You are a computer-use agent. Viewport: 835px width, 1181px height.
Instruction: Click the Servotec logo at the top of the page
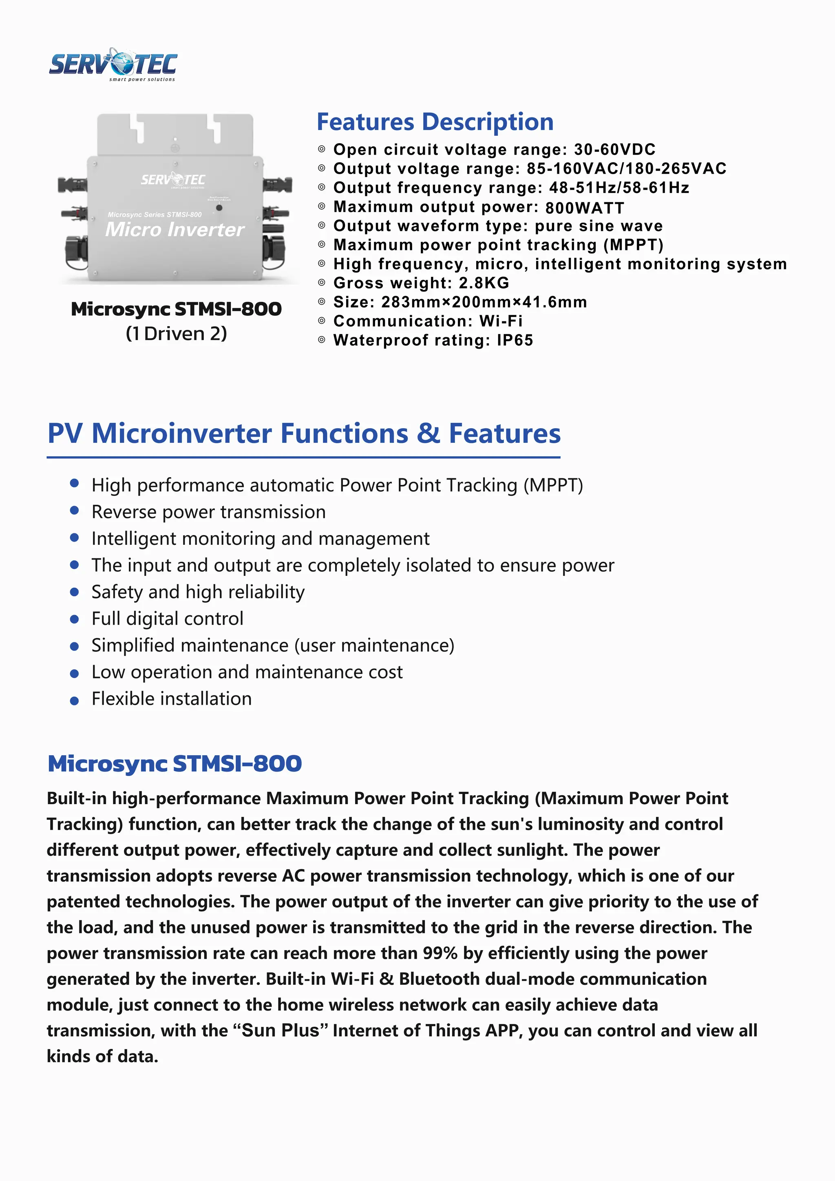[x=113, y=65]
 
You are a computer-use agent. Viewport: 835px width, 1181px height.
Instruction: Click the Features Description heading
[x=435, y=122]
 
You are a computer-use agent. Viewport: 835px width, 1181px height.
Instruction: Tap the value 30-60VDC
[x=614, y=150]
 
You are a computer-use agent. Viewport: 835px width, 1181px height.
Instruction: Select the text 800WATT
[x=585, y=208]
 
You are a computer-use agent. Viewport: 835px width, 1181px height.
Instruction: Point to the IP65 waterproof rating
[x=515, y=341]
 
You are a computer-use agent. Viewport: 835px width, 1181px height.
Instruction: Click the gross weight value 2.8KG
[x=484, y=283]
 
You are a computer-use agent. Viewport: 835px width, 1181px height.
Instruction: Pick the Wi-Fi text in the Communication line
[x=501, y=321]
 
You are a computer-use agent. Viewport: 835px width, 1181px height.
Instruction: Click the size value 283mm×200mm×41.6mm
[x=484, y=302]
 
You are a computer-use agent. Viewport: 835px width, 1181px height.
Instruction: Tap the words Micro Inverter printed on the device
[x=175, y=230]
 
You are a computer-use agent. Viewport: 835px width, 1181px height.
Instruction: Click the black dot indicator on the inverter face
[x=219, y=208]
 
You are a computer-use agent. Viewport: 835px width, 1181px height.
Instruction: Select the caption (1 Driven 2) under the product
[x=177, y=334]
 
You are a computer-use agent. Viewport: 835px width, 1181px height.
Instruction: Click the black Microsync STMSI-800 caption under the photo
[x=177, y=309]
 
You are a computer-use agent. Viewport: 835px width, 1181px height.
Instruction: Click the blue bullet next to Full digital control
[x=75, y=619]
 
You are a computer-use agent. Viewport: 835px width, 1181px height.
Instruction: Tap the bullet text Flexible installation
[x=172, y=699]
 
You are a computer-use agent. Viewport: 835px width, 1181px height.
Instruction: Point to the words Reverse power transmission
[x=208, y=512]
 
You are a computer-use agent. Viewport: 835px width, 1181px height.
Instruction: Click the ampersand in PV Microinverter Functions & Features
[x=428, y=433]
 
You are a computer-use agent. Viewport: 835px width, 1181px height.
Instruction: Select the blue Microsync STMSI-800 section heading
[x=175, y=763]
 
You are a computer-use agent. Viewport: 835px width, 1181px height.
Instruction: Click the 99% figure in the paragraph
[x=440, y=953]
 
